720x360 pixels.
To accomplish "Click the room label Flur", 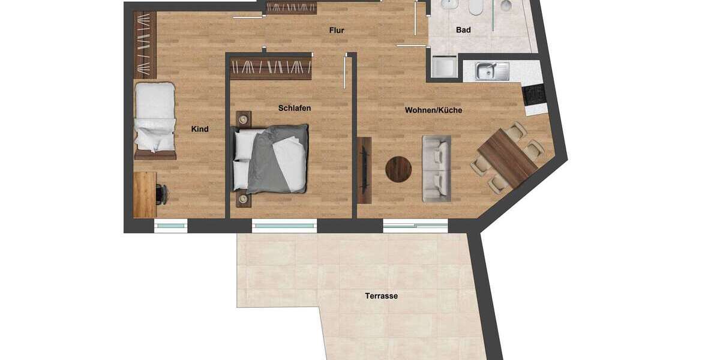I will click(337, 30).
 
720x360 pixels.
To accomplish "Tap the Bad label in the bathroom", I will click(463, 29).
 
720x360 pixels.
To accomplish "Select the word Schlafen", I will click(295, 109).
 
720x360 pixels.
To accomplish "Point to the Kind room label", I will click(200, 129).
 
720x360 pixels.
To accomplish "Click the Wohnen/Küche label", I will click(433, 110).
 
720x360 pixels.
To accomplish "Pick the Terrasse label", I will click(382, 296).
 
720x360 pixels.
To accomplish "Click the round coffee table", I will click(400, 169).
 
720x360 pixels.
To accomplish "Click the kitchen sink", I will click(493, 71).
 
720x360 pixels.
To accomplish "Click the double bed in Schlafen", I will click(274, 159).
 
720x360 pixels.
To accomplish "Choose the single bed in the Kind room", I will click(155, 118).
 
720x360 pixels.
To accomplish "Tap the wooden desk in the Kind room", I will click(145, 194).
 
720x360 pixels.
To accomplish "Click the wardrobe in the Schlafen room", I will click(271, 68).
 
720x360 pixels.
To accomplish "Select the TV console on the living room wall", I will click(364, 167).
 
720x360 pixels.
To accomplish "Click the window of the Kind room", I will click(171, 226).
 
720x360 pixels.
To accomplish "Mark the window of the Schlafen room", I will click(284, 226).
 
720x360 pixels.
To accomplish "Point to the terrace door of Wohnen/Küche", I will click(415, 226).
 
